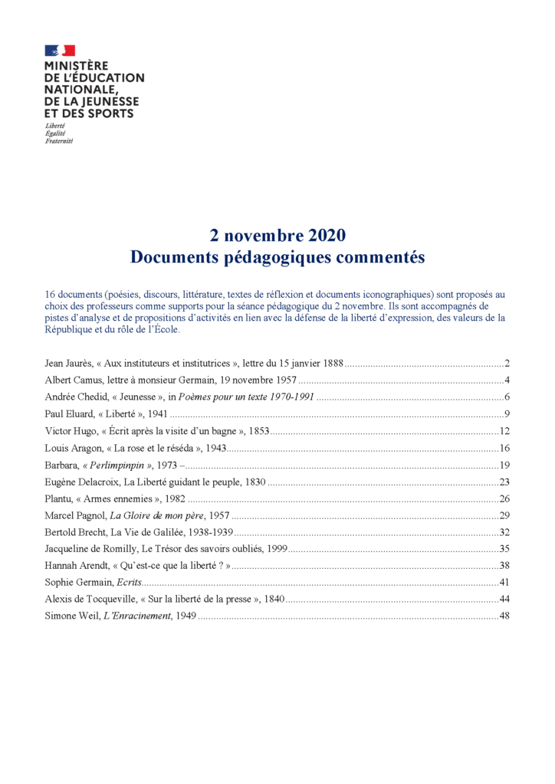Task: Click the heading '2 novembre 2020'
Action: click(277, 235)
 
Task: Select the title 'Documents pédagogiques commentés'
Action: click(277, 257)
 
